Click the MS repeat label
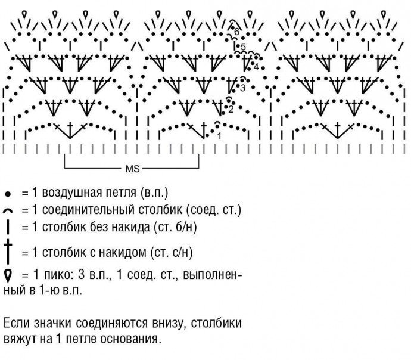(132, 169)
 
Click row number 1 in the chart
(219, 136)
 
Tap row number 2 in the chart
(231, 108)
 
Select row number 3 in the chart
(243, 88)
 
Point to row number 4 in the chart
(256, 67)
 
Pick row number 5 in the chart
(243, 46)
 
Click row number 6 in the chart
(236, 31)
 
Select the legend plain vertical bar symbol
(8, 227)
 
